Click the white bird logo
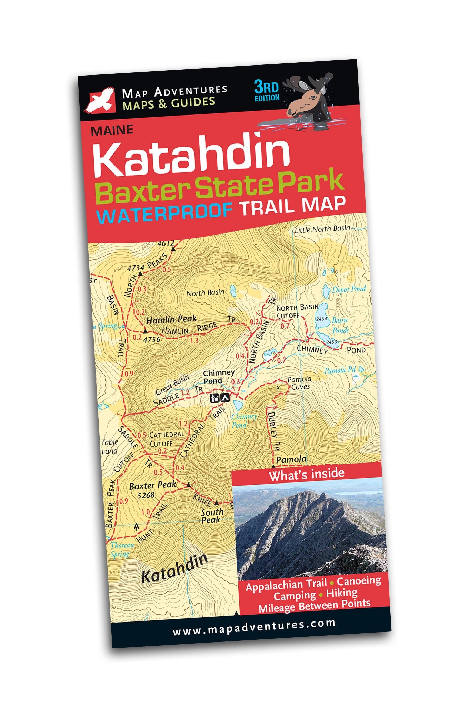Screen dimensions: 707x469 (100, 100)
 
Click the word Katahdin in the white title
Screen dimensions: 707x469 (191, 157)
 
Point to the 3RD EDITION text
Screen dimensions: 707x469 (267, 91)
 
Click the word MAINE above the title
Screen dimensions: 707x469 (112, 130)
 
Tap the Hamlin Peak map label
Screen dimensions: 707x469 (171, 319)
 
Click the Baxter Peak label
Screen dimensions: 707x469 (152, 486)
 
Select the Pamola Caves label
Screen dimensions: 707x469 (299, 383)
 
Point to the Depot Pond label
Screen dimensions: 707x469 (349, 289)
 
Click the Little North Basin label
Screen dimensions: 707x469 (322, 229)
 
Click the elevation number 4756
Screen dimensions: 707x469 (152, 339)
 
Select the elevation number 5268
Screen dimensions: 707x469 (146, 496)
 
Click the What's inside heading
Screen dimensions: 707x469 (307, 474)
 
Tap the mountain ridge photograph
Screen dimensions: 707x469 (309, 529)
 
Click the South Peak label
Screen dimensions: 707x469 (212, 516)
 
